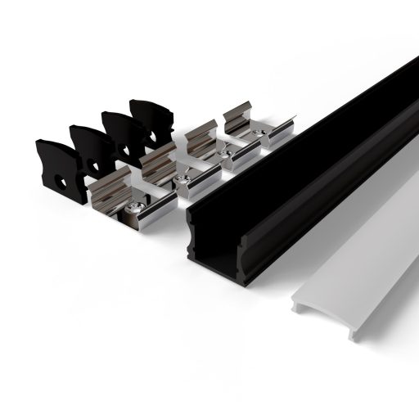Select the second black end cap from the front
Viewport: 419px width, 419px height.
click(90, 147)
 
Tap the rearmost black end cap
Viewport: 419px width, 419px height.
click(152, 119)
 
